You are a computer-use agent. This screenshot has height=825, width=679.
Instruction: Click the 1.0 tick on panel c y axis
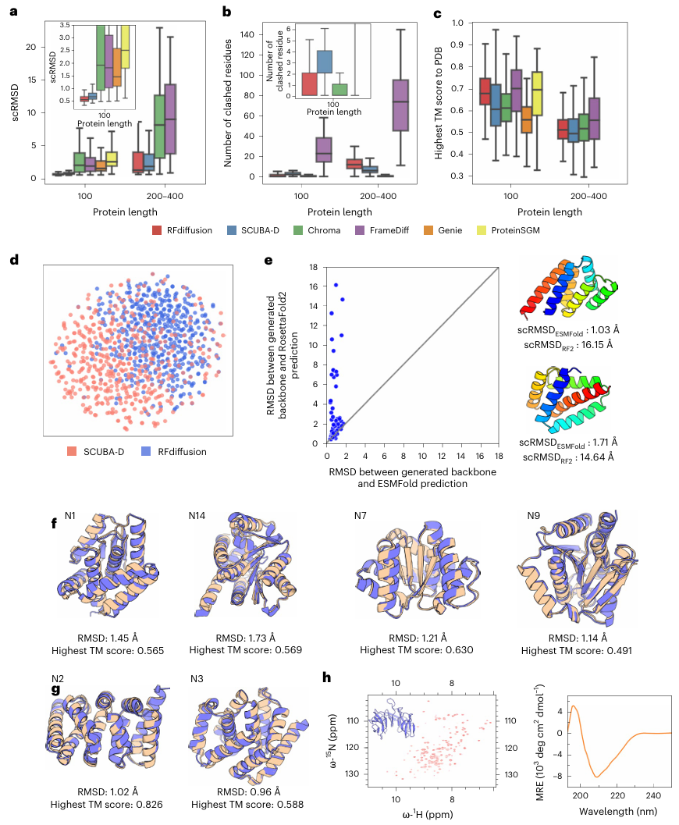(453, 24)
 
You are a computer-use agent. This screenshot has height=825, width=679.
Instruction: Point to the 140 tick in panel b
(249, 34)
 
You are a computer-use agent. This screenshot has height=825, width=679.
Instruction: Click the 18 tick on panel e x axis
(499, 452)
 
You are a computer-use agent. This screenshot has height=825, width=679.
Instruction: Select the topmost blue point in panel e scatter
(336, 285)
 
